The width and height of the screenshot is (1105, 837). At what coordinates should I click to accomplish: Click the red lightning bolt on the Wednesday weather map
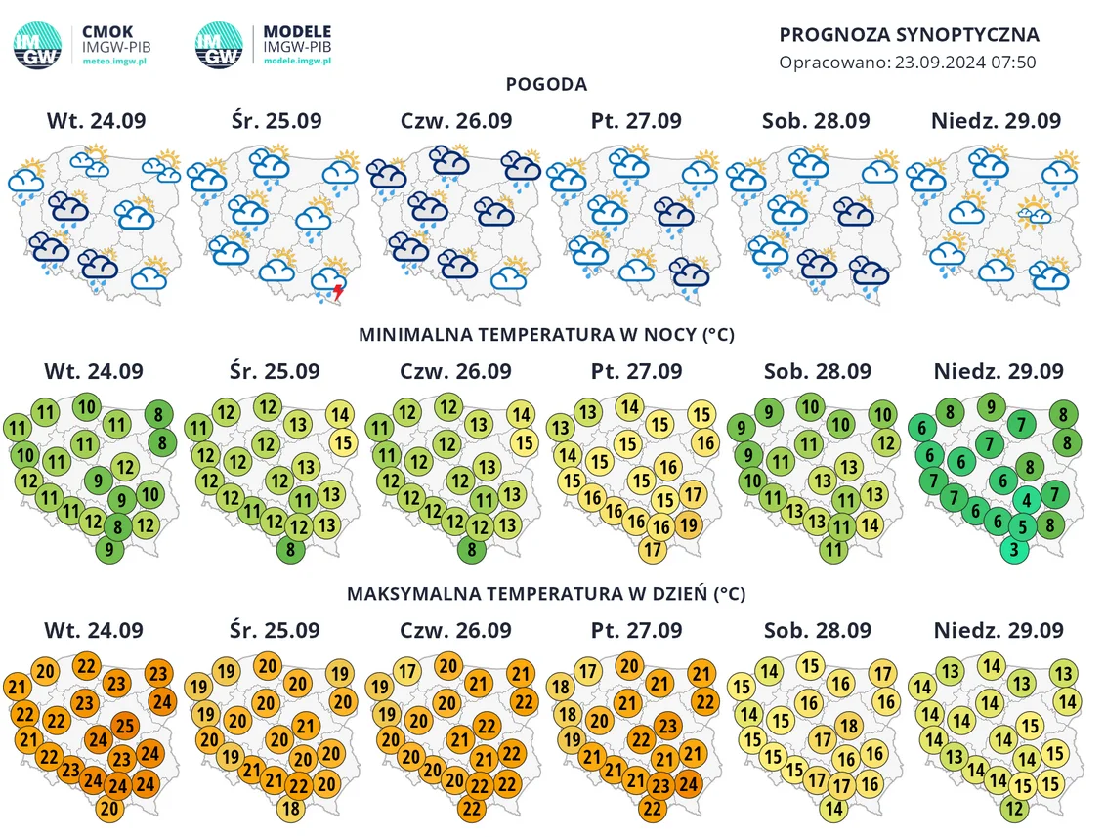339,291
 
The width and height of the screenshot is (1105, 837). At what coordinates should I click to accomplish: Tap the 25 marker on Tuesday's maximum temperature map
125,726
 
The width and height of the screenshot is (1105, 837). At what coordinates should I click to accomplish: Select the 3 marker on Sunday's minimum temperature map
1014,549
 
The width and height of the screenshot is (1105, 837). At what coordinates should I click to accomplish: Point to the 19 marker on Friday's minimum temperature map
689,524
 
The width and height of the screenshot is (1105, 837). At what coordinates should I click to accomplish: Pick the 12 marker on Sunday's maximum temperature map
1014,808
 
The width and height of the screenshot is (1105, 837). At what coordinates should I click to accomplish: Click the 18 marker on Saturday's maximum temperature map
849,726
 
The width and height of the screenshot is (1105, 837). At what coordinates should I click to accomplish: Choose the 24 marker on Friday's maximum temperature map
689,784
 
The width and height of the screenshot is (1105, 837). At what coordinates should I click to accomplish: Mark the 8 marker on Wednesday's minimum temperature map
290,549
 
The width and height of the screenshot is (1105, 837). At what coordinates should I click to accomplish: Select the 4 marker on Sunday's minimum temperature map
1027,500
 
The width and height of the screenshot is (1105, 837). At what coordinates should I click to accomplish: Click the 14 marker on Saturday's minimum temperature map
870,524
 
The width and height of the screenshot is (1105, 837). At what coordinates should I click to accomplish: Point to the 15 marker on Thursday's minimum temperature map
524,442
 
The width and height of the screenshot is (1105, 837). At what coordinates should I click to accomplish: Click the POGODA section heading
546,84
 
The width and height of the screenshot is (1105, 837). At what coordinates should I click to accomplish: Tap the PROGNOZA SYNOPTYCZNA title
909,34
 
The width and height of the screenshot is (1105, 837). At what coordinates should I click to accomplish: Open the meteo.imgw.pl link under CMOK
114,62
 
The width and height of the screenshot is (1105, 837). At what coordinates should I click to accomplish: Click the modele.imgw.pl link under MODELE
297,62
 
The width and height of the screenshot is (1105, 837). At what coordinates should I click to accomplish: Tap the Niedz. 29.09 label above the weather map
996,120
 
